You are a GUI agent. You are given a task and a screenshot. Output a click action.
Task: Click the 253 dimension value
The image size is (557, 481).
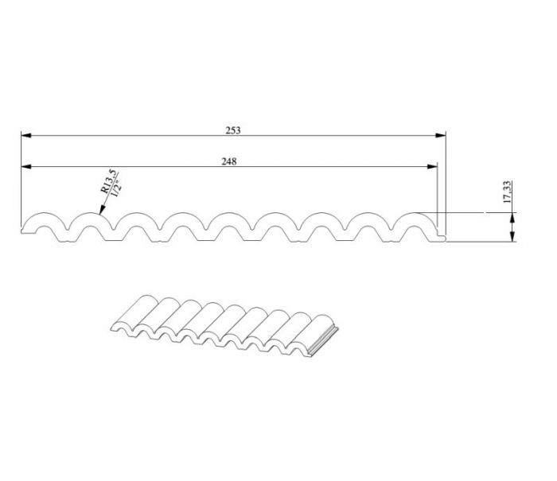(232, 129)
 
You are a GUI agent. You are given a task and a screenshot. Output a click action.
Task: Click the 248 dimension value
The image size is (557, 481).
(229, 161)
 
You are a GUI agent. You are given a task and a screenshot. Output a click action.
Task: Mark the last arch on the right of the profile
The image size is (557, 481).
(415, 215)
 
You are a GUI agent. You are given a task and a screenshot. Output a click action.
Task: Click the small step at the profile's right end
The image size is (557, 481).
(441, 236)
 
